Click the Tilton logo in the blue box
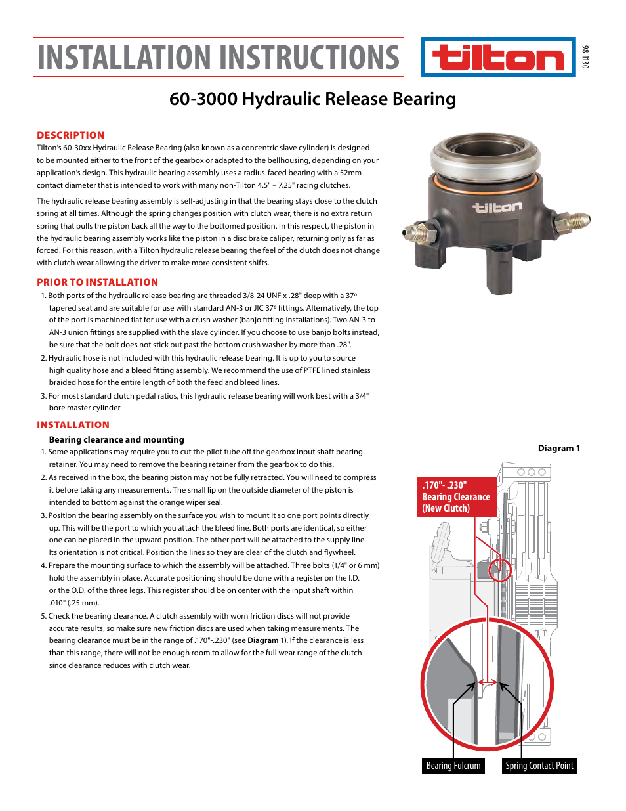(x=498, y=58)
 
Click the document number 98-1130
(x=585, y=57)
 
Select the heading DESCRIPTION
(x=70, y=135)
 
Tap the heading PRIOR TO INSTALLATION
(x=97, y=282)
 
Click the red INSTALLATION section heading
(x=73, y=425)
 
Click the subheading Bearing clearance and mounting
(x=116, y=440)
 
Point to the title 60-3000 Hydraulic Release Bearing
(x=312, y=99)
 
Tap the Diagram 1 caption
(x=558, y=449)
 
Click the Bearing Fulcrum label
(x=453, y=766)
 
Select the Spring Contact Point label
(x=539, y=766)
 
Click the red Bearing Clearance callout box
(x=456, y=497)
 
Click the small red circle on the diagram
(x=500, y=570)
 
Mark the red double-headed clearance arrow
(x=487, y=682)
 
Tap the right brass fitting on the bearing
(x=577, y=219)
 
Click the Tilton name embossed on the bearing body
(x=497, y=208)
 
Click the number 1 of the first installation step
(x=43, y=452)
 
